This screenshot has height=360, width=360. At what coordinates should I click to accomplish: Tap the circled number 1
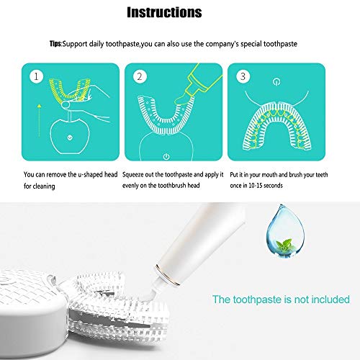click(x=33, y=74)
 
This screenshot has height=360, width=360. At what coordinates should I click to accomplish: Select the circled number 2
click(x=140, y=74)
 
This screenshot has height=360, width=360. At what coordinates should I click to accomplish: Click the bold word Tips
click(x=54, y=45)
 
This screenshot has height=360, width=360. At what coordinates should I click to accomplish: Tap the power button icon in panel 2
click(x=166, y=156)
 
